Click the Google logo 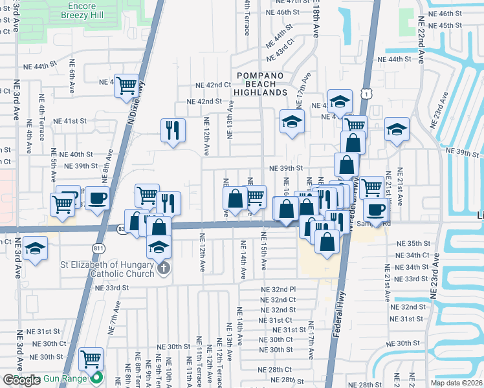point(21,380)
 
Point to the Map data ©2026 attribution point(457,383)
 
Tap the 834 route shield point(122,228)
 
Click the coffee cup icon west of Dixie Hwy point(97,197)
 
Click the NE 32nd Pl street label point(278,289)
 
